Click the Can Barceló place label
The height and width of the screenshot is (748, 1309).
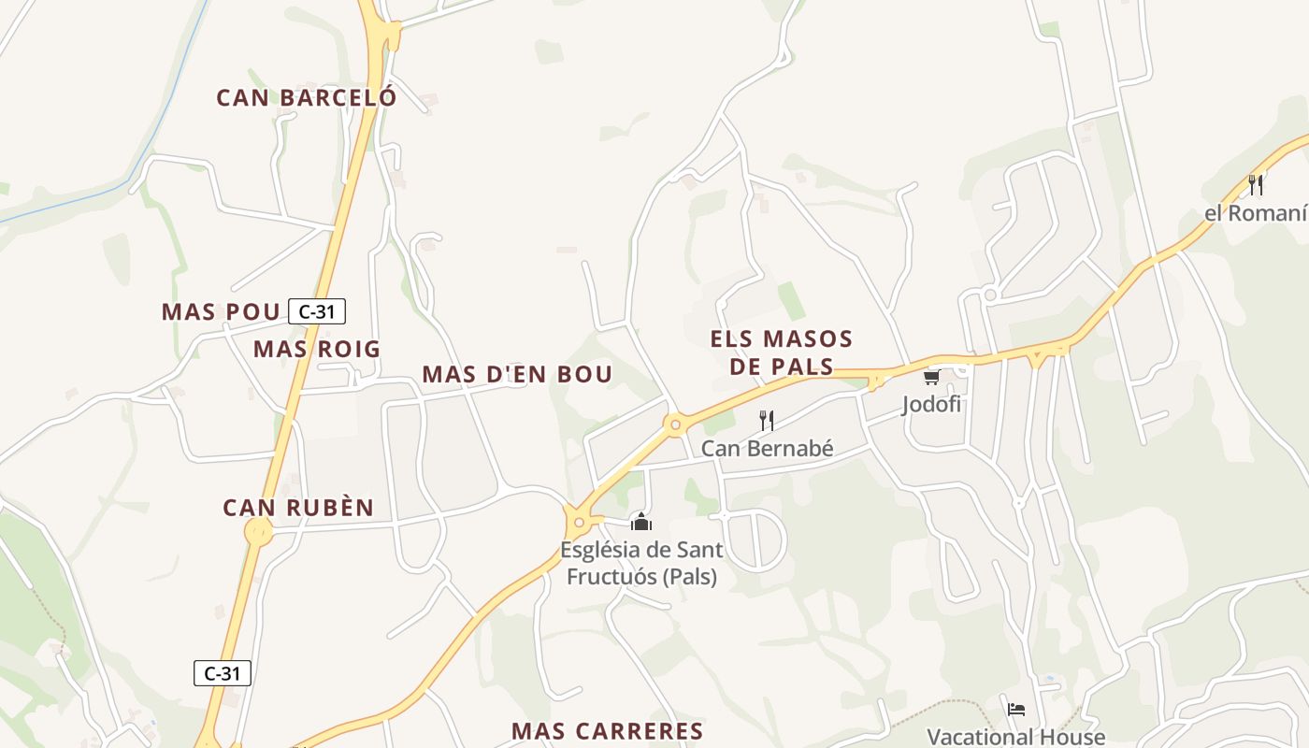tap(307, 97)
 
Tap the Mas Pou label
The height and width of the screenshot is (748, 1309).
tap(221, 311)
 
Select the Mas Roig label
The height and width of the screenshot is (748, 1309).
tap(317, 350)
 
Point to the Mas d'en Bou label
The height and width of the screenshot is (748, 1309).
tap(517, 374)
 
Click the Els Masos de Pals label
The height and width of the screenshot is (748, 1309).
tap(782, 352)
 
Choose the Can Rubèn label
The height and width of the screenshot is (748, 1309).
tap(298, 508)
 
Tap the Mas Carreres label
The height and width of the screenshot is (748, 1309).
tap(607, 731)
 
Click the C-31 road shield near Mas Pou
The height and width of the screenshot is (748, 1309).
tap(317, 311)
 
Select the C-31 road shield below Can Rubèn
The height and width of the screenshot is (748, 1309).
tap(223, 672)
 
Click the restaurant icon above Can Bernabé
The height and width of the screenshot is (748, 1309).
tap(767, 420)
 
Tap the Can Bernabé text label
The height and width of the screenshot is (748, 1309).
tap(767, 449)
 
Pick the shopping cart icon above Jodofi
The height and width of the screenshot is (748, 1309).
tap(931, 378)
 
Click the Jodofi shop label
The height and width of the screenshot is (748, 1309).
tap(931, 405)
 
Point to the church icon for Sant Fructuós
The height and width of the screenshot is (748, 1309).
tap(640, 521)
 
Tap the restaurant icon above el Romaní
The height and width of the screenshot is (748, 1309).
tap(1256, 184)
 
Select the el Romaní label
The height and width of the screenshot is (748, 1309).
tap(1255, 213)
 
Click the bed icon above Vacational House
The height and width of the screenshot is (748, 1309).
tap(1016, 709)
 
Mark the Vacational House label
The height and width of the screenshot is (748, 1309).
tap(1015, 737)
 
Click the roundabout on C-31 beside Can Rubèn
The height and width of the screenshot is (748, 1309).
tap(258, 532)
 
